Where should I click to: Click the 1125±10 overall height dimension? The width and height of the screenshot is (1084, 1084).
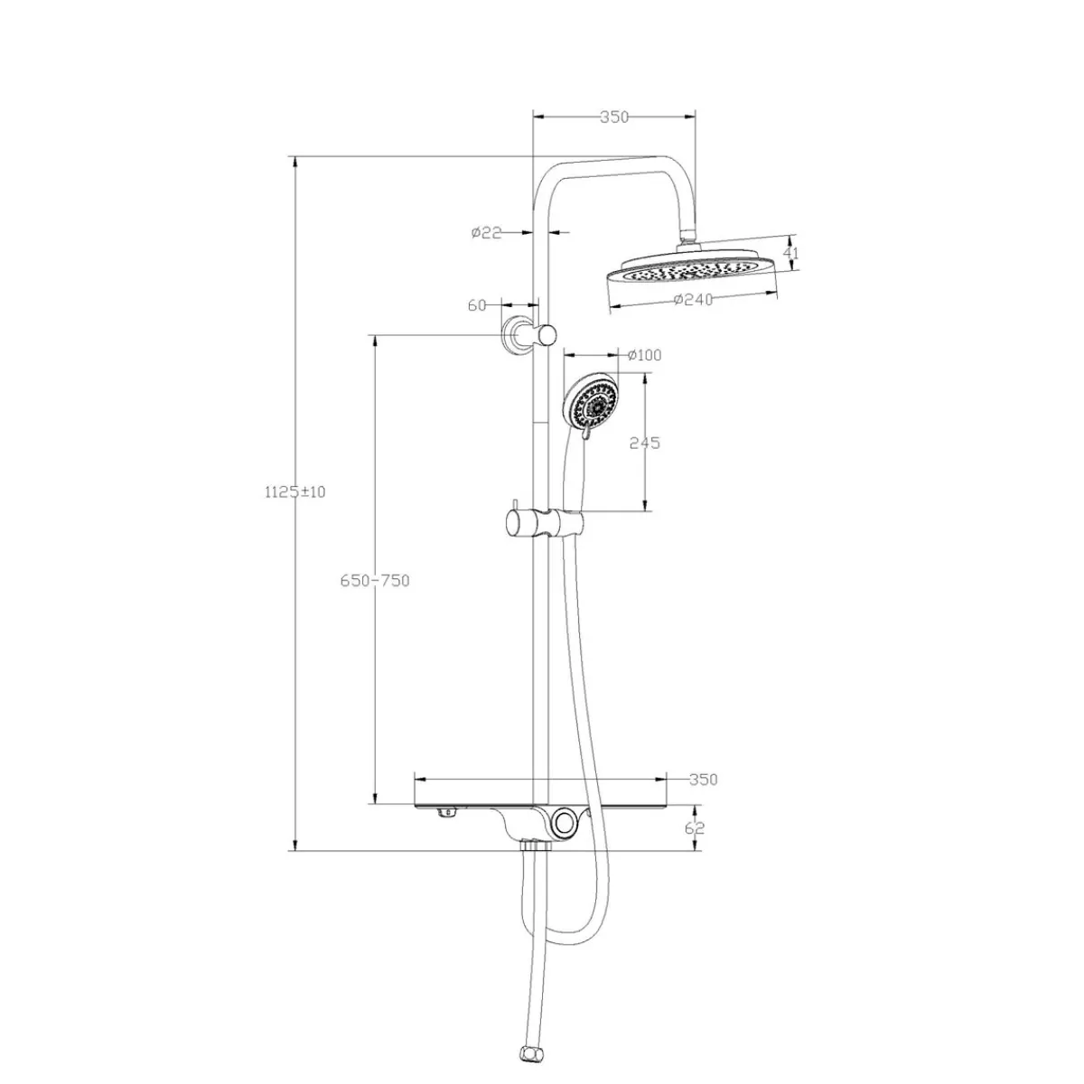(294, 492)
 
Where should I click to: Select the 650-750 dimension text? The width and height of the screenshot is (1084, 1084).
(375, 581)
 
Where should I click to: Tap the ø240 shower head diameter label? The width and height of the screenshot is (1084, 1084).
(693, 299)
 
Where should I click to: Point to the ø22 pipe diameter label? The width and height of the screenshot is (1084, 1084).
(487, 232)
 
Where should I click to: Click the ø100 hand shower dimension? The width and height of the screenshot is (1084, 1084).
(645, 355)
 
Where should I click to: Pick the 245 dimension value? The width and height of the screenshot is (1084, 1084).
(645, 444)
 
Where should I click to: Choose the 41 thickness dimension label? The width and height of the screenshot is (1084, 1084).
(791, 253)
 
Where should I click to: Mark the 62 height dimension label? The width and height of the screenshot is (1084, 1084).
(696, 827)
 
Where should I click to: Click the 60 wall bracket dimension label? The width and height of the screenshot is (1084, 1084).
(476, 305)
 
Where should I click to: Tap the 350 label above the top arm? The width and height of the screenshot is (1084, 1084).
(613, 117)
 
